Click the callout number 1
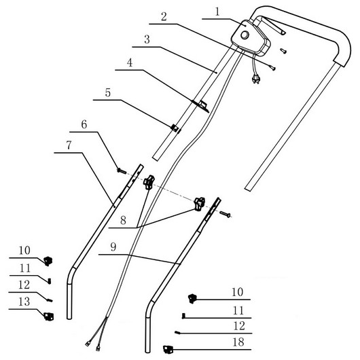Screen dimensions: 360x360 point(217,12)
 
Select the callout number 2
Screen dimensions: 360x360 point(164,17)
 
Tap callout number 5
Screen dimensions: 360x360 point(108,93)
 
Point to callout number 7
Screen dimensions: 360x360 point(69,145)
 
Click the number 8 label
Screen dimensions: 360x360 point(123,220)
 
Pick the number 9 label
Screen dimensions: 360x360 point(113,247)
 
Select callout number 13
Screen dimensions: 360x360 point(24,302)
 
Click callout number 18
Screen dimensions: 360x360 point(238,342)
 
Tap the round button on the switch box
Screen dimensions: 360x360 point(245,35)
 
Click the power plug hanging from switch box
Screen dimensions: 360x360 point(256,79)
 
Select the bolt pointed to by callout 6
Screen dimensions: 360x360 point(122,170)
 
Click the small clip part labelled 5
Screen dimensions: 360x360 point(176,128)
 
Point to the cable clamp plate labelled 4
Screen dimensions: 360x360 point(201,106)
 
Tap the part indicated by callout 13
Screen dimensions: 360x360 point(49,317)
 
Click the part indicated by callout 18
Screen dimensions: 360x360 point(168,350)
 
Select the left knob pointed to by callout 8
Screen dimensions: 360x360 point(149,181)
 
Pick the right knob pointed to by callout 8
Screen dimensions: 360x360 point(199,203)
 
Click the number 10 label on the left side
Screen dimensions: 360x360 point(24,251)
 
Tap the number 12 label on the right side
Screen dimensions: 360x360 point(239,326)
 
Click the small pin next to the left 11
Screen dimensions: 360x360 point(49,281)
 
